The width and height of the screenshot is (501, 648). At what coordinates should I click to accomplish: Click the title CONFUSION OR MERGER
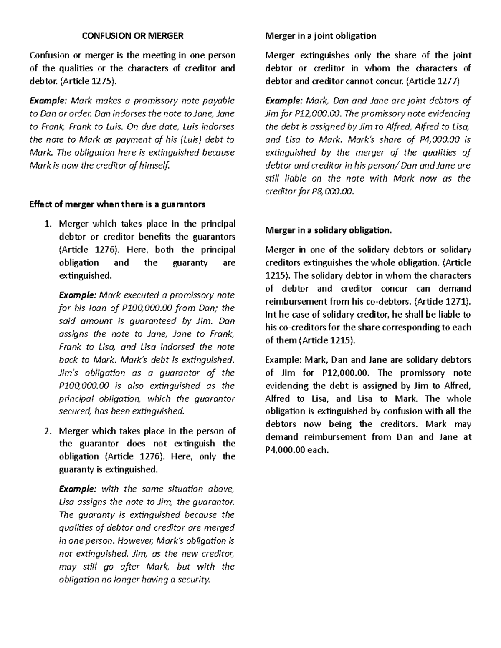pos(132,36)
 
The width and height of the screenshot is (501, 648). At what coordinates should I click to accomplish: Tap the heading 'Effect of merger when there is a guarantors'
pos(117,204)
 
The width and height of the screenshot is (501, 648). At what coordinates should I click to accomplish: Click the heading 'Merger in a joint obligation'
pos(321,36)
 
